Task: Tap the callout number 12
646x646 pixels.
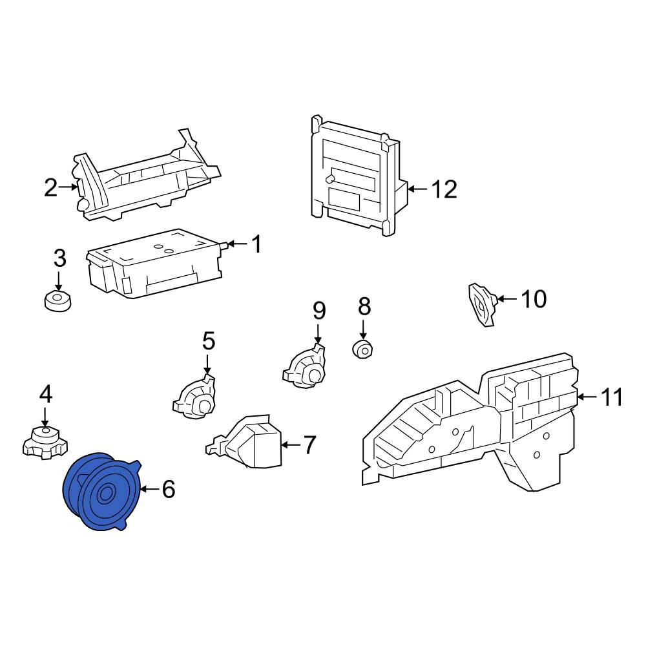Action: point(444,189)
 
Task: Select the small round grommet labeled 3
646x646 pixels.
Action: point(57,301)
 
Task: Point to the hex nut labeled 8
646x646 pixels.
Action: point(363,349)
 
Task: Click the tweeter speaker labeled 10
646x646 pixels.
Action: point(483,304)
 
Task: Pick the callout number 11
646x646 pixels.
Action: point(612,397)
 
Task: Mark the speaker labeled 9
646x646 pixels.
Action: point(304,366)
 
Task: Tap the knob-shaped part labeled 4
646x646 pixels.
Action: point(45,442)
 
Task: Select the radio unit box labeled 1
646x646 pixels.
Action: point(154,264)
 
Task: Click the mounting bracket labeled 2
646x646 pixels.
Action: point(146,176)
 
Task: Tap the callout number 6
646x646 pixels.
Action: point(169,489)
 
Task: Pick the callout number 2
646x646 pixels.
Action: point(50,187)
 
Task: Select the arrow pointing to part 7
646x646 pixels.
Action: point(291,445)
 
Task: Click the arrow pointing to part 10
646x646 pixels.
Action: point(507,298)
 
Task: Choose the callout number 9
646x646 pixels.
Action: point(319,311)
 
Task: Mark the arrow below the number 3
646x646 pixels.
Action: point(59,282)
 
